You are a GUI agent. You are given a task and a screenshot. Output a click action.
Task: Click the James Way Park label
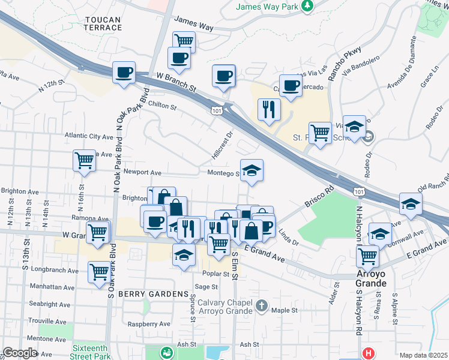(268, 7)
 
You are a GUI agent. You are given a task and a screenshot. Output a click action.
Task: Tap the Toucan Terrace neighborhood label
(103, 24)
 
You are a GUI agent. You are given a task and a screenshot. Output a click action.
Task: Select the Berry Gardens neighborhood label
(153, 294)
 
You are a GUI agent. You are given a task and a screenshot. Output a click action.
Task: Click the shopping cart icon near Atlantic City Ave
(84, 160)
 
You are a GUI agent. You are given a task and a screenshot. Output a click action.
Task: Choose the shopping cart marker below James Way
(184, 41)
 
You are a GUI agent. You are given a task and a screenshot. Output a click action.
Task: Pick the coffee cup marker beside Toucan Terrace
(124, 73)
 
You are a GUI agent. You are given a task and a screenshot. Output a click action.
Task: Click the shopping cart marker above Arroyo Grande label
(367, 256)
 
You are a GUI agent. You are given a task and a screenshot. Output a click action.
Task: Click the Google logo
(20, 353)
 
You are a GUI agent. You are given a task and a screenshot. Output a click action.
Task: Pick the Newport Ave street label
(142, 172)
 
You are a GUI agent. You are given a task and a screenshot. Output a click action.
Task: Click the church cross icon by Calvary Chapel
(261, 305)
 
